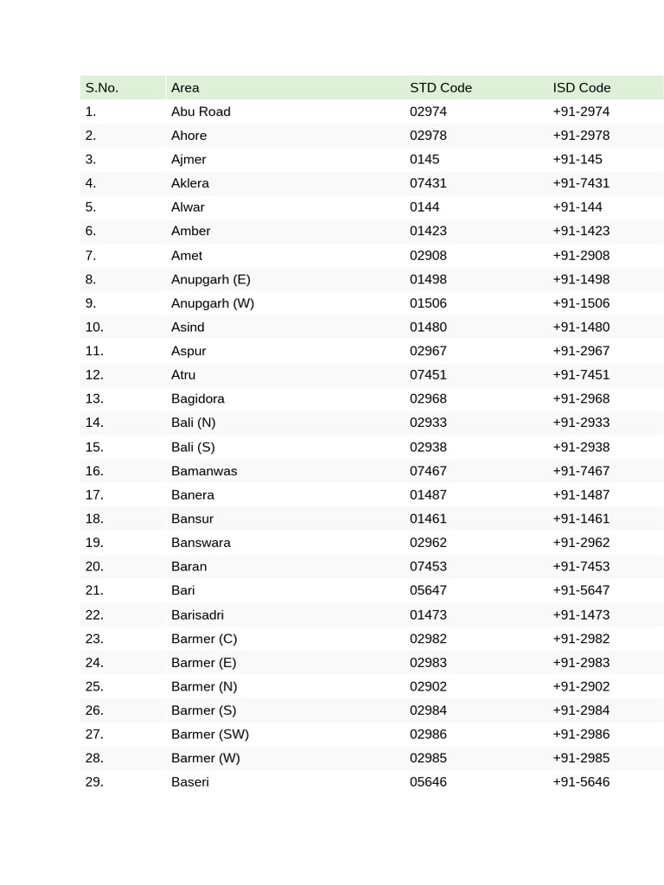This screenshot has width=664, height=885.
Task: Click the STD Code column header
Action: click(441, 87)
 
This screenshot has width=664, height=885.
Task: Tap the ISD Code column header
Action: click(582, 87)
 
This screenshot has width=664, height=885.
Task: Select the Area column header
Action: click(185, 87)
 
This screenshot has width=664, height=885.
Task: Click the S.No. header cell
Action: click(102, 87)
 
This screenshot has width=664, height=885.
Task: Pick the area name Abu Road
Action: click(201, 111)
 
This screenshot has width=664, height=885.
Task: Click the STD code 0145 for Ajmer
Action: click(425, 159)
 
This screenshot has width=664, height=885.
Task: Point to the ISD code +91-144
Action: click(578, 207)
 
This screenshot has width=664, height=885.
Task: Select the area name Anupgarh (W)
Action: click(213, 302)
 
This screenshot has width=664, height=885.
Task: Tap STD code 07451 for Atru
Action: click(428, 374)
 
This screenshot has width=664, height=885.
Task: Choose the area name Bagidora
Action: click(198, 398)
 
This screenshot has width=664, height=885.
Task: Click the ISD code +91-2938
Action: click(581, 447)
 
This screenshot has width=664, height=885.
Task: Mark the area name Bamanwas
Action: click(204, 471)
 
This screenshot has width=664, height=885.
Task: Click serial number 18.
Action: click(94, 519)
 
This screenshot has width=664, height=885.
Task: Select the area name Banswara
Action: click(201, 543)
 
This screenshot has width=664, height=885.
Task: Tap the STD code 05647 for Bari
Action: click(428, 590)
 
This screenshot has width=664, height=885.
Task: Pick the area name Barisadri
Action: click(197, 614)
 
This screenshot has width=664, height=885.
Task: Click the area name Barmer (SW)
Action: click(210, 734)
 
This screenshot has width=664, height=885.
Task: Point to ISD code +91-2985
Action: click(581, 758)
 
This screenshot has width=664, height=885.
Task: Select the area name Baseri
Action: click(190, 782)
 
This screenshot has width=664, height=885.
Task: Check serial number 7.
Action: click(91, 255)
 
